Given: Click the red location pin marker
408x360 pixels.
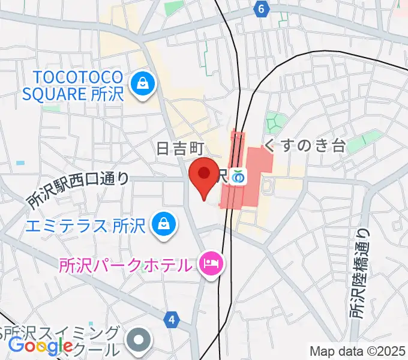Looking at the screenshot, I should [203, 175].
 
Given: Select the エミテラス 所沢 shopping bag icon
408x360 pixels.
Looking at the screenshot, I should [163, 225].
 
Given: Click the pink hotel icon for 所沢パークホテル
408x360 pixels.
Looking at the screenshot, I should [211, 262].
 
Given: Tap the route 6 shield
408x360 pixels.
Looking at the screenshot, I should [260, 9].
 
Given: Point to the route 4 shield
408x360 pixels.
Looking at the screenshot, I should [173, 320].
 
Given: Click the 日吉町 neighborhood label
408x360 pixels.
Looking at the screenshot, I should [181, 148].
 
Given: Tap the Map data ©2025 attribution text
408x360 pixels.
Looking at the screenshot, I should [357, 350].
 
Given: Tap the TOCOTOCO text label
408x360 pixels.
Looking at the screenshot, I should [78, 77].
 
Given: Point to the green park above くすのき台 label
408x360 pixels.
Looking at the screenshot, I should [274, 122].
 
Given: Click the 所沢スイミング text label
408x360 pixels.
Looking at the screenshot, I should [61, 333].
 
